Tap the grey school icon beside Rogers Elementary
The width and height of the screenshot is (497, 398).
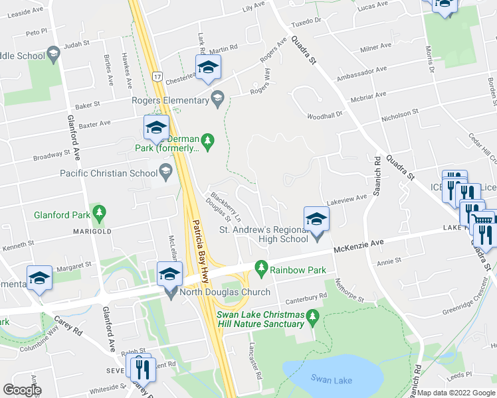pyautogui.click(x=217, y=99)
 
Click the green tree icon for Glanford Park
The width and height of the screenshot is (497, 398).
pyautogui.click(x=99, y=213)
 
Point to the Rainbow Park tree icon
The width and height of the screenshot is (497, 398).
pyautogui.click(x=262, y=269)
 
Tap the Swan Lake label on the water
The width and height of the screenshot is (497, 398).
pyautogui.click(x=332, y=378)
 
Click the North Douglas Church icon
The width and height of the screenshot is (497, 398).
pyautogui.click(x=172, y=292)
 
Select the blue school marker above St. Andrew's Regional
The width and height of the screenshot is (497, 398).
pyautogui.click(x=317, y=220)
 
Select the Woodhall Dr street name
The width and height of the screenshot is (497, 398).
pyautogui.click(x=324, y=114)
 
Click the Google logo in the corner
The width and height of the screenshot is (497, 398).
pyautogui.click(x=22, y=390)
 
